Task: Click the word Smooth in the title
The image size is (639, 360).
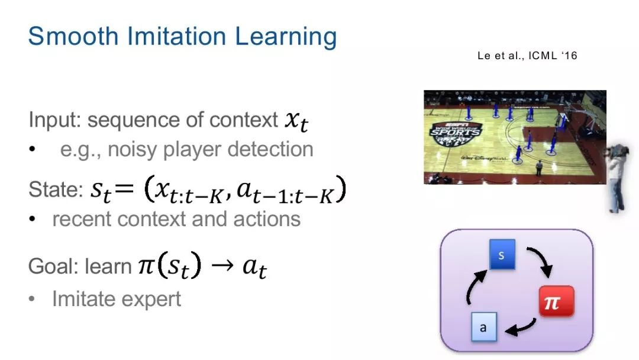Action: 73,36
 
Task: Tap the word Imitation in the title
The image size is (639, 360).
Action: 176,36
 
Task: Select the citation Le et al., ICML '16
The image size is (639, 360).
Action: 527,56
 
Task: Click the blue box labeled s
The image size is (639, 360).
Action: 502,255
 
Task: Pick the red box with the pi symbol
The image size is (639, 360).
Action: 556,301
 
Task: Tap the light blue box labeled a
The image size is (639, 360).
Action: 484,327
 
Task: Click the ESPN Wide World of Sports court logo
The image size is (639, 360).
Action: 455,133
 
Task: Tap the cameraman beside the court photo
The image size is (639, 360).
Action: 616,178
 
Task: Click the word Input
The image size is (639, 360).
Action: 54,120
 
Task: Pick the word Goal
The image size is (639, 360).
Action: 53,266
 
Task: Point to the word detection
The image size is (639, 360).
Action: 270,149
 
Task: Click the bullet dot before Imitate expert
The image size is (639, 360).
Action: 32,300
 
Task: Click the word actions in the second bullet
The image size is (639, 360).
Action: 267,219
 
